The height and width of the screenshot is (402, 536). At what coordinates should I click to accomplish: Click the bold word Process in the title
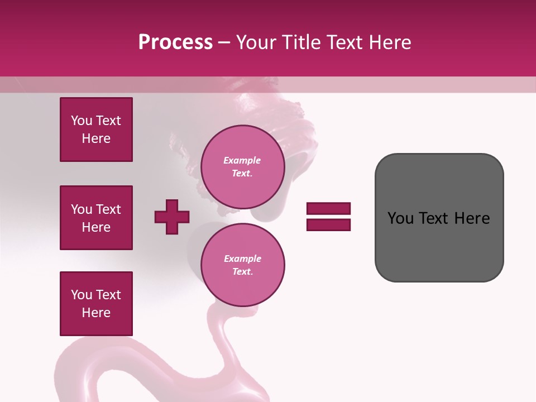pyautogui.click(x=175, y=42)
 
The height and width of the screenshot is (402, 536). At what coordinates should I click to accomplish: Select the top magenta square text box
pyautogui.click(x=96, y=130)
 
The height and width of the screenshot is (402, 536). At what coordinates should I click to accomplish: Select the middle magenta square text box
pyautogui.click(x=96, y=218)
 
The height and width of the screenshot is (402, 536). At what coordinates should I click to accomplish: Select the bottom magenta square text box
pyautogui.click(x=96, y=304)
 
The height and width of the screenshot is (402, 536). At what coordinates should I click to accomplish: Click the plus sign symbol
pyautogui.click(x=172, y=217)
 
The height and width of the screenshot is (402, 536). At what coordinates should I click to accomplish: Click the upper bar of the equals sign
pyautogui.click(x=328, y=208)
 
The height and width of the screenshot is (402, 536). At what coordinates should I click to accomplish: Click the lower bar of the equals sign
pyautogui.click(x=328, y=224)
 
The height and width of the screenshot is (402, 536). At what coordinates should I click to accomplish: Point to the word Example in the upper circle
pyautogui.click(x=242, y=160)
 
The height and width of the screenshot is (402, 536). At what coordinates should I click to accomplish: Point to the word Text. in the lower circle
pyautogui.click(x=242, y=272)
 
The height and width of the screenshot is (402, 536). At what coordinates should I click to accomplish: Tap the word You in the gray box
pyautogui.click(x=401, y=218)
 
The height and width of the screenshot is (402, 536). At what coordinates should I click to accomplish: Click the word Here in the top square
pyautogui.click(x=96, y=138)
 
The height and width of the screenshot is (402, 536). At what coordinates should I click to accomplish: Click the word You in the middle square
pyautogui.click(x=82, y=209)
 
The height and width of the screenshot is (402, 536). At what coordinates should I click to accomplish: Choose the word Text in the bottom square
pyautogui.click(x=108, y=295)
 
